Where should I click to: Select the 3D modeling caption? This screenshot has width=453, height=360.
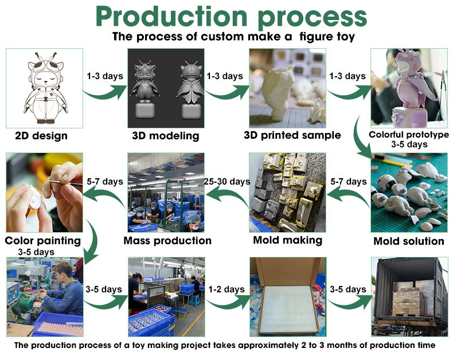click(x=166, y=136)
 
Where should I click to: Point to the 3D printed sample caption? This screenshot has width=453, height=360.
click(x=288, y=136)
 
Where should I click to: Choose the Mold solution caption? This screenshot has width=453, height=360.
click(x=409, y=241)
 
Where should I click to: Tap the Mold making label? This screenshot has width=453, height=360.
click(x=287, y=240)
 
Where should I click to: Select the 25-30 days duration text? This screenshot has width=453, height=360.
click(x=227, y=182)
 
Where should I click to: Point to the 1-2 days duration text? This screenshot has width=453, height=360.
click(x=227, y=289)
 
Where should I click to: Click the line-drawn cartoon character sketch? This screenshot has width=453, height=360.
click(x=44, y=88)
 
